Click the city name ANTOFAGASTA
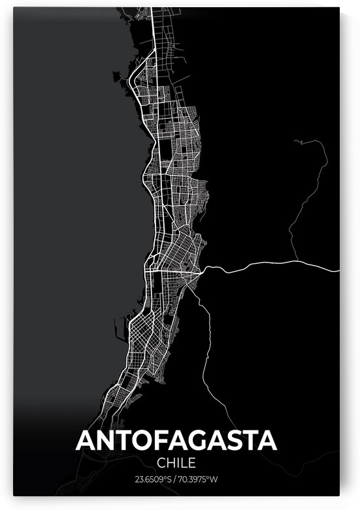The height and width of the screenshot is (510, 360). click(176, 440)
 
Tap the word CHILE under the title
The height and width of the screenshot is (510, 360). click(176, 463)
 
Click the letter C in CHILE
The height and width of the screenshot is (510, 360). click(161, 463)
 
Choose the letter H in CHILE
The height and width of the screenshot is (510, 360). click(171, 463)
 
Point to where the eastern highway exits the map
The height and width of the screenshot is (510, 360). click(338, 268)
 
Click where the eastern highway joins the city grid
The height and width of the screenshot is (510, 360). click(204, 268)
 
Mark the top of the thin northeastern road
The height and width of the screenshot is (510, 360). click(296, 140)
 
